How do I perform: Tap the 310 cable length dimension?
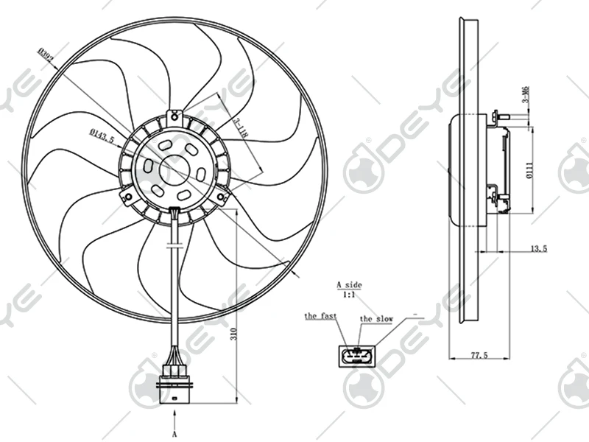(x=233, y=333)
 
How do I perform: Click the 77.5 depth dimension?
(x=479, y=356)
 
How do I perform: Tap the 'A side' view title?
(x=349, y=284)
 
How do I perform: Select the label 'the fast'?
(x=321, y=316)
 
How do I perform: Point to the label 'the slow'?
(x=376, y=319)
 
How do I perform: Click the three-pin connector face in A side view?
(x=357, y=358)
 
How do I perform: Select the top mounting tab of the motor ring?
(x=174, y=116)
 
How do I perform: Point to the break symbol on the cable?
(x=174, y=245)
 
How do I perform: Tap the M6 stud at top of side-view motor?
(x=498, y=115)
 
